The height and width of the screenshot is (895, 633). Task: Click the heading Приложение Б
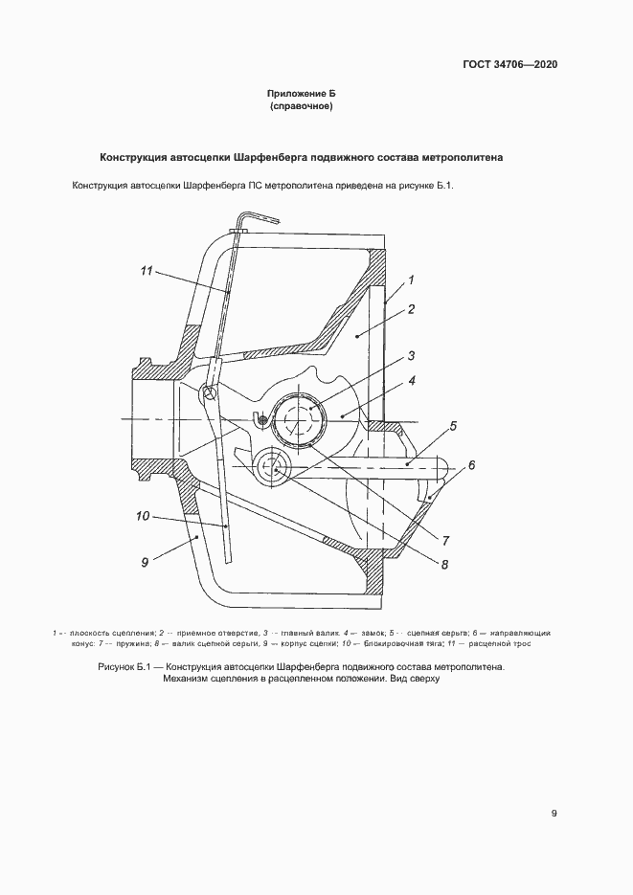302,94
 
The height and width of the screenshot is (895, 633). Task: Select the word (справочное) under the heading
302,106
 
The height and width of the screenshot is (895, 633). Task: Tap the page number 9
554,814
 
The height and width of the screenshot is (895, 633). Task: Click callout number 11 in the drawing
147,272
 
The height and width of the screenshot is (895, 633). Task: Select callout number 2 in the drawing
410,309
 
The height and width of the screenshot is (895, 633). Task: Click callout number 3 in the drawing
410,356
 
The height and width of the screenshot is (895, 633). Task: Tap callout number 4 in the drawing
411,381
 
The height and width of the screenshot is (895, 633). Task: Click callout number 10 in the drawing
142,517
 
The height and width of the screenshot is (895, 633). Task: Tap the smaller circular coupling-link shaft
276,469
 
